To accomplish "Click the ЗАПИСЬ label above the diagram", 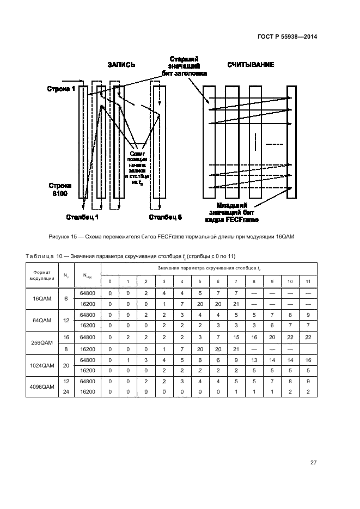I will click(x=120, y=64).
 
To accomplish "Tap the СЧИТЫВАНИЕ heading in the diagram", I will click(x=251, y=64).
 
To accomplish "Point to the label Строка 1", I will click(x=60, y=89).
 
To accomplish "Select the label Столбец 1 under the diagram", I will click(x=82, y=218).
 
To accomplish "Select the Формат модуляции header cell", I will click(x=42, y=275).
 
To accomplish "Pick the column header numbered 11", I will click(x=308, y=281).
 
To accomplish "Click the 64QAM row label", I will click(x=42, y=320).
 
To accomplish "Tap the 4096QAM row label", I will click(x=42, y=386).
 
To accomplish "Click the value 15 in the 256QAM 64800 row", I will click(x=236, y=338).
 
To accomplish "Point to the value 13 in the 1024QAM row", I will click(x=254, y=359).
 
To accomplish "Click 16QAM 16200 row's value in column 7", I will click(x=236, y=304).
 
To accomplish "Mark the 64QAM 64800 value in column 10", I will click(x=290, y=315).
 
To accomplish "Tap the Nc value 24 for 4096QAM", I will click(x=66, y=391).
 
